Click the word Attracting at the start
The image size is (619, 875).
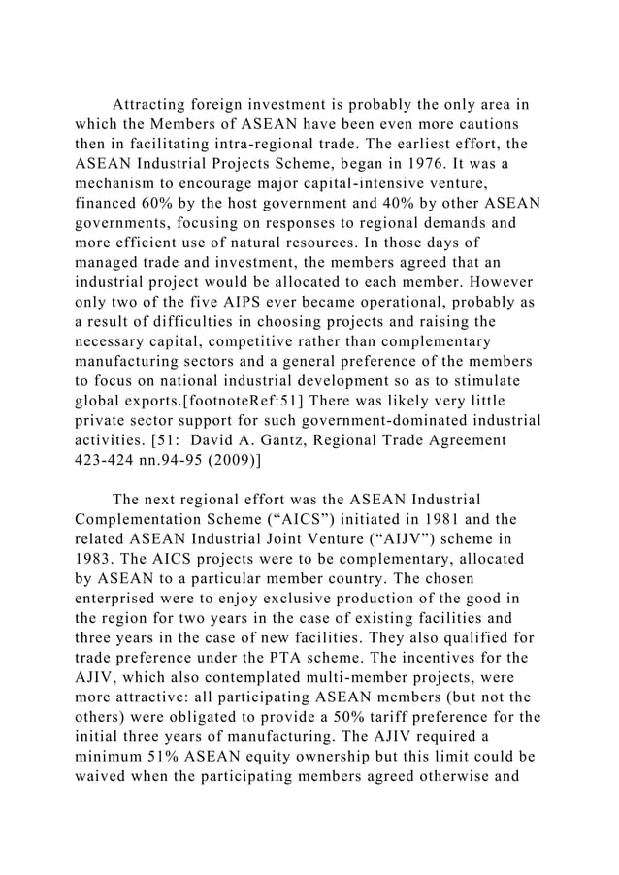(x=156, y=104)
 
